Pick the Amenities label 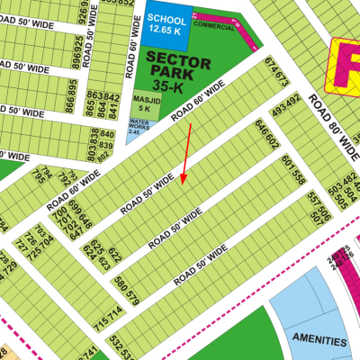[x=319, y=342]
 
